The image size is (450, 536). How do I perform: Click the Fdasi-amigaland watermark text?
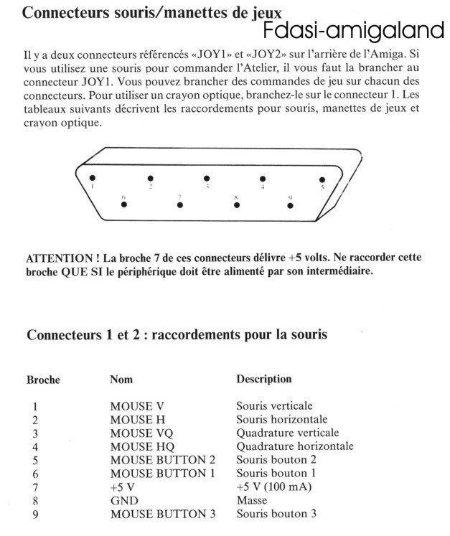tap(354, 31)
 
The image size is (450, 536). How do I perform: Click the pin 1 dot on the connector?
tap(91, 178)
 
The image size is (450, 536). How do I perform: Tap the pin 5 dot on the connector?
tap(322, 180)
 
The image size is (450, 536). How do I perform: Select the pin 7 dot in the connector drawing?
tap(179, 204)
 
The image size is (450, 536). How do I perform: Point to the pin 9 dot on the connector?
tap(290, 205)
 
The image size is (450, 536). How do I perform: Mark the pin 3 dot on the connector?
tap(207, 178)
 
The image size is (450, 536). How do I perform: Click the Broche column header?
tap(43, 380)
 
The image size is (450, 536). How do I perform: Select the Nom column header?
tap(121, 379)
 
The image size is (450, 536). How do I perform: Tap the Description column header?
tap(264, 379)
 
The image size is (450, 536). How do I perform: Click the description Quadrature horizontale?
tap(295, 446)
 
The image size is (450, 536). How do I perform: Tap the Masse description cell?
tap(252, 500)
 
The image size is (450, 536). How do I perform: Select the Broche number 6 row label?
tap(34, 474)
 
